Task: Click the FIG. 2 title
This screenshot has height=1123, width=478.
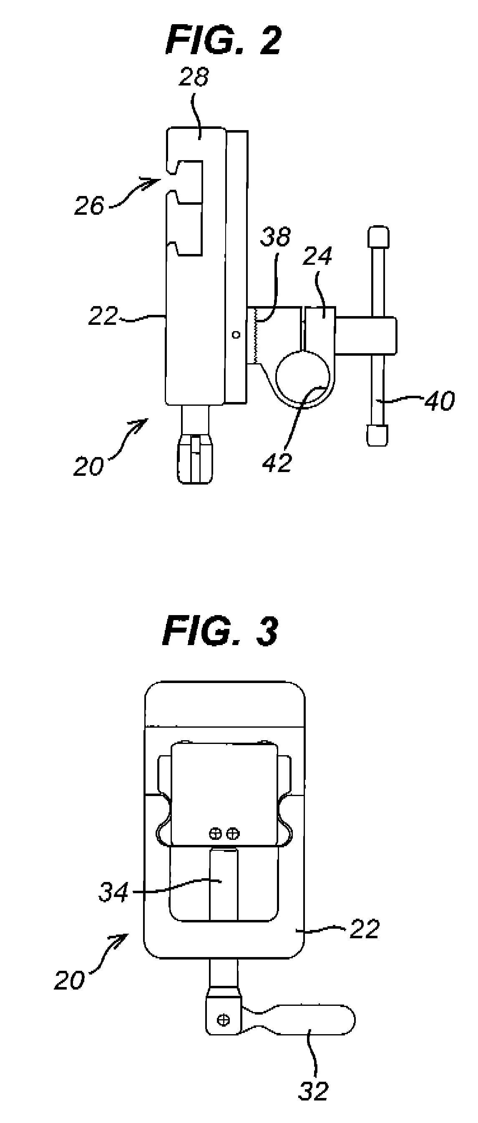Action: pyautogui.click(x=224, y=40)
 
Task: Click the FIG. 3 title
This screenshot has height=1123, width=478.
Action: pyautogui.click(x=220, y=632)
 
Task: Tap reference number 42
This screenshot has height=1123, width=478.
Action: pyautogui.click(x=277, y=462)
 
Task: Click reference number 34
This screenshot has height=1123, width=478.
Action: pyautogui.click(x=113, y=892)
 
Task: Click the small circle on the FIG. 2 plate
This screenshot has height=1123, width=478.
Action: pyautogui.click(x=236, y=335)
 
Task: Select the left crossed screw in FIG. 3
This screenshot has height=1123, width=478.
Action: pyautogui.click(x=214, y=834)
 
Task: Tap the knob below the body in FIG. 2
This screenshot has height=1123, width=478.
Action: pyautogui.click(x=195, y=460)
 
